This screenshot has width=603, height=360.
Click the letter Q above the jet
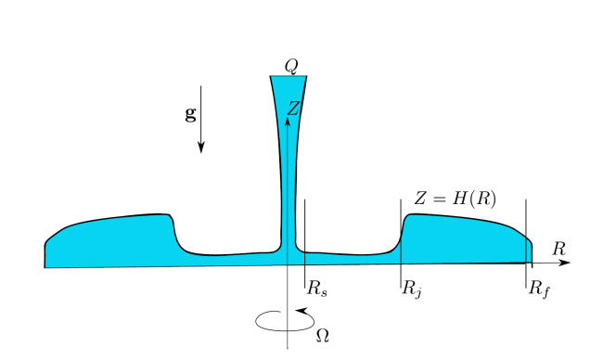(x=291, y=67)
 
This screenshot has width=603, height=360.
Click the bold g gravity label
(x=191, y=113)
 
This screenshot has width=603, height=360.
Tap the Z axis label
(x=293, y=108)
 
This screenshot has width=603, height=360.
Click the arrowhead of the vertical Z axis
(x=288, y=121)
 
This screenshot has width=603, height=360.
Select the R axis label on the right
(x=559, y=249)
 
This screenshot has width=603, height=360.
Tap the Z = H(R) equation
(x=455, y=199)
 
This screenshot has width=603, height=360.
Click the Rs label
(x=317, y=288)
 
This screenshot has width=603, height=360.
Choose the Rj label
(x=413, y=289)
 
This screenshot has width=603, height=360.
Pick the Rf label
(x=539, y=289)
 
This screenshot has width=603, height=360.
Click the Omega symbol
(x=322, y=336)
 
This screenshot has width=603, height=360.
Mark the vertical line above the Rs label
(x=304, y=243)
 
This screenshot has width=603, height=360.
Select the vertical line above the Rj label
(x=401, y=243)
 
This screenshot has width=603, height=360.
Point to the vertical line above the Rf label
(x=526, y=243)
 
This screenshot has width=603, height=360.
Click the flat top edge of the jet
(x=289, y=76)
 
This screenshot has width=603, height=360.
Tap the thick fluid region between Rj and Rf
(x=461, y=238)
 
